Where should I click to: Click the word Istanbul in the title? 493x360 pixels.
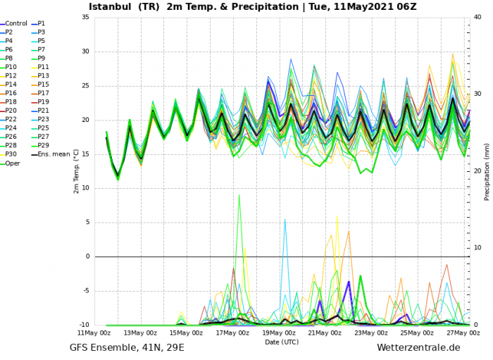click(109, 7)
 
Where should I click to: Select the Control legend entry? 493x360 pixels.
click(16, 23)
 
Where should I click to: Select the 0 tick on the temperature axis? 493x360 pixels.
click(87, 256)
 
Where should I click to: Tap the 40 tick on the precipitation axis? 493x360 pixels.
click(478, 17)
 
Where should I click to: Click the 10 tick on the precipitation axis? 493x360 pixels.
click(478, 248)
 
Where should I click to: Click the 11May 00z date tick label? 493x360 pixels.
click(94, 333)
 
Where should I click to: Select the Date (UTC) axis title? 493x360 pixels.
click(282, 342)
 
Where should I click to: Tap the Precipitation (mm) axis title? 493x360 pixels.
click(487, 171)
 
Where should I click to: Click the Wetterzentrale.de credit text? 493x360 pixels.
click(418, 348)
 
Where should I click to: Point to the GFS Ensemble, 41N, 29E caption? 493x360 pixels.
click(127, 348)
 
